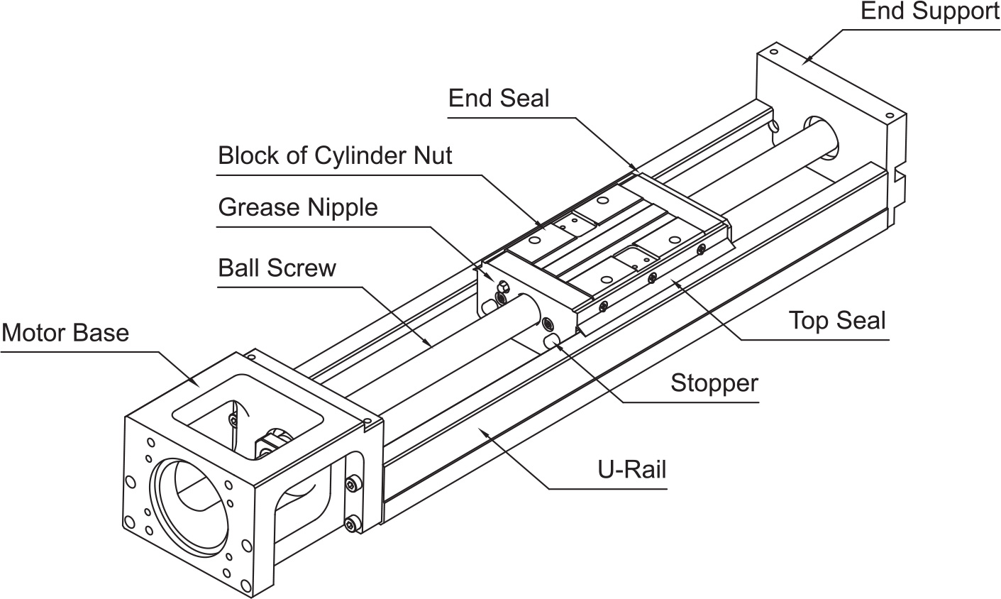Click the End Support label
pos(930,11)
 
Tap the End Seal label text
pos(499,98)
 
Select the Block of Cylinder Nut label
pos(335,155)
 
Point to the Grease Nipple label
pos(298,208)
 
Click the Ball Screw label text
pos(277,268)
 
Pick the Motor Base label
pos(65,333)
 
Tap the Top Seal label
pos(837,321)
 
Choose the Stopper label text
pos(714,383)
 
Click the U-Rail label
pos(632,469)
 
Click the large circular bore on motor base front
pos(155,505)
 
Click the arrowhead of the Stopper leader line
pos(557,344)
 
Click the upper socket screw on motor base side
pos(353,484)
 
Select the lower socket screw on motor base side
pos(353,524)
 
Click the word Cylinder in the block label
pos(360,155)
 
